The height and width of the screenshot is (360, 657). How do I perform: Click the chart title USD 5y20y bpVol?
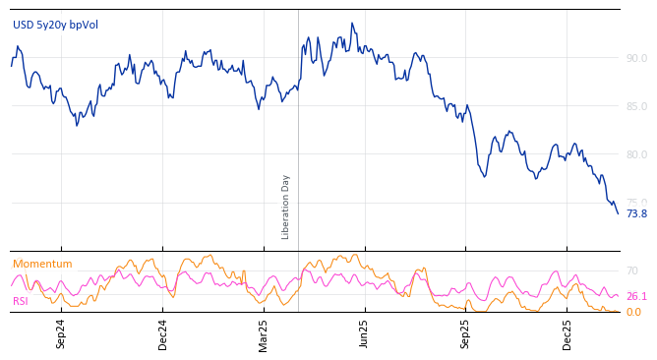point(55,26)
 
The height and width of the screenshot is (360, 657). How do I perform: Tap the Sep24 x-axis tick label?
point(61,333)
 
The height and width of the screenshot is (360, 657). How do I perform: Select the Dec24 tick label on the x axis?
point(163,333)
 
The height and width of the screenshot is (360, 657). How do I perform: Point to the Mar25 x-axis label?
point(264,333)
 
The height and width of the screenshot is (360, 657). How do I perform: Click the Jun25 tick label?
point(365,333)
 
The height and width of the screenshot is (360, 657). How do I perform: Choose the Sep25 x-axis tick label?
point(466,333)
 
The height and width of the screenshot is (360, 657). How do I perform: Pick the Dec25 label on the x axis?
point(567,333)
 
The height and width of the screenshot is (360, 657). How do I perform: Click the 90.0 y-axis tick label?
point(636,58)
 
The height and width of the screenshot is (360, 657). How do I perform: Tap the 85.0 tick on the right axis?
point(636,106)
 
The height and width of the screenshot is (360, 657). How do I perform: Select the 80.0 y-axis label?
point(636,154)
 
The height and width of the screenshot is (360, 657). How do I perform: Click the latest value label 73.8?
point(636,213)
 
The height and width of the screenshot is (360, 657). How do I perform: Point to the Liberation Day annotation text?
point(286,207)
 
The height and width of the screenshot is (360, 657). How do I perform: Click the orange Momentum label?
point(42,264)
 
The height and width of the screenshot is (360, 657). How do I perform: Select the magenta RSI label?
point(21,301)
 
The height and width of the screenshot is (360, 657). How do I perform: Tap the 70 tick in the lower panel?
point(632,270)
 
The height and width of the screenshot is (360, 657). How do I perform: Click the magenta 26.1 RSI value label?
point(636,296)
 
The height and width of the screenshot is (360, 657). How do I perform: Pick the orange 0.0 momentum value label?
point(633,312)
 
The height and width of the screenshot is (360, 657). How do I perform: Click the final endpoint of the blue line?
point(618,213)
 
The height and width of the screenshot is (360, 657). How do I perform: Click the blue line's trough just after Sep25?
point(485,177)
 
